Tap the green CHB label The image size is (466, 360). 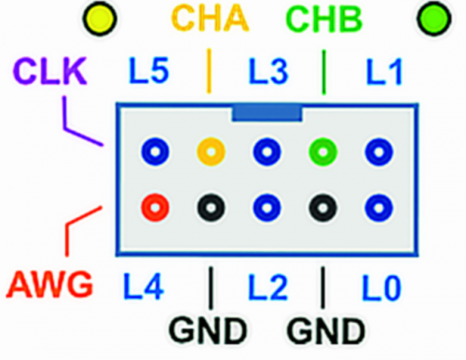point(323,19)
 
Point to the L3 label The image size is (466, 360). point(267,70)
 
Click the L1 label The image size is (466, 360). point(381,70)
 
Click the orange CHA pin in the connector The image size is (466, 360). point(211,150)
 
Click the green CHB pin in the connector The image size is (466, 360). point(323,150)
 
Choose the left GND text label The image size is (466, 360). point(208,331)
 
